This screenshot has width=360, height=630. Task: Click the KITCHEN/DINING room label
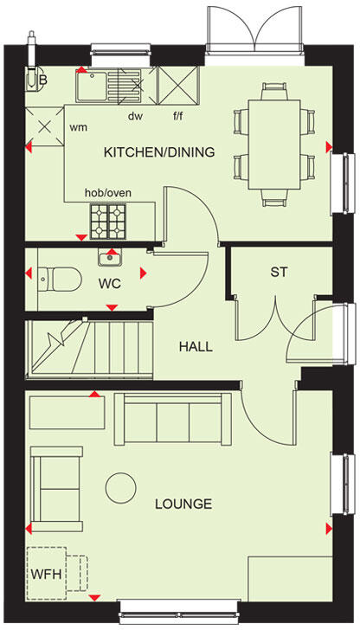[x=159, y=152]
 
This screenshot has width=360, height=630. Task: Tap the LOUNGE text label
[x=183, y=503]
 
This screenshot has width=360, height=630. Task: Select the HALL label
[x=196, y=347]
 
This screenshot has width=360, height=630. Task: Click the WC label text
[x=109, y=283]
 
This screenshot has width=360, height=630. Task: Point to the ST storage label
[x=279, y=272]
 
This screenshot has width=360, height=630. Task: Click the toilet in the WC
[x=58, y=277]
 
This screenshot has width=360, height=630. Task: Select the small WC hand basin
[x=110, y=256]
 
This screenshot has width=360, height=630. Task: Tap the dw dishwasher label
[x=135, y=115]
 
